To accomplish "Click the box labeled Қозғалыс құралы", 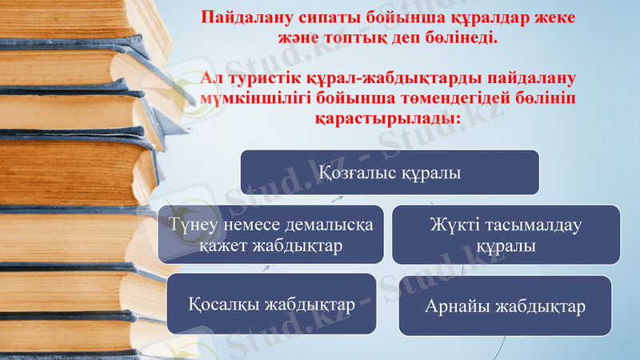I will point(390,172).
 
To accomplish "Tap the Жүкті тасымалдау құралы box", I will point(506,234).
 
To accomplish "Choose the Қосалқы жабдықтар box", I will point(271,304).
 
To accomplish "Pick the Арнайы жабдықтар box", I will point(505,306).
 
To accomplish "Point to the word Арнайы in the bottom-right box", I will point(458,306).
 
